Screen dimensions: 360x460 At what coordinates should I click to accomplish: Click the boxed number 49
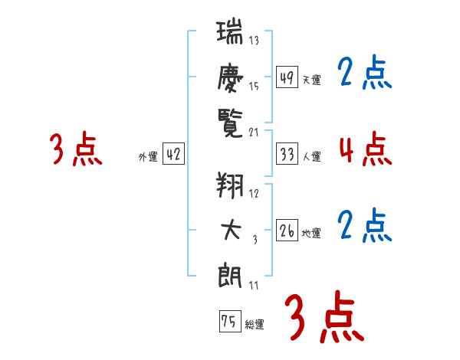[287, 77]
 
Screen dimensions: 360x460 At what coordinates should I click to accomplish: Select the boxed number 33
[287, 154]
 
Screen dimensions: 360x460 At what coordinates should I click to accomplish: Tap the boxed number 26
[287, 231]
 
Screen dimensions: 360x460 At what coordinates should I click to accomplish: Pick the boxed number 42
[173, 154]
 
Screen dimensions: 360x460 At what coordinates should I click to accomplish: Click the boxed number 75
[228, 322]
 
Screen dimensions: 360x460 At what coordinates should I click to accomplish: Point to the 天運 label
[311, 80]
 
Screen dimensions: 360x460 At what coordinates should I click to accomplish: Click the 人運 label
[311, 156]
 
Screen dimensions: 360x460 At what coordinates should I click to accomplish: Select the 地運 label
[311, 233]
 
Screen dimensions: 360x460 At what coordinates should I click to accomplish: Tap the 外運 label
[147, 156]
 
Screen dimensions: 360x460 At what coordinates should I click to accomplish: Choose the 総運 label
[254, 324]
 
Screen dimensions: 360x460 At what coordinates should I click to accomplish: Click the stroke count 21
[255, 132]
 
